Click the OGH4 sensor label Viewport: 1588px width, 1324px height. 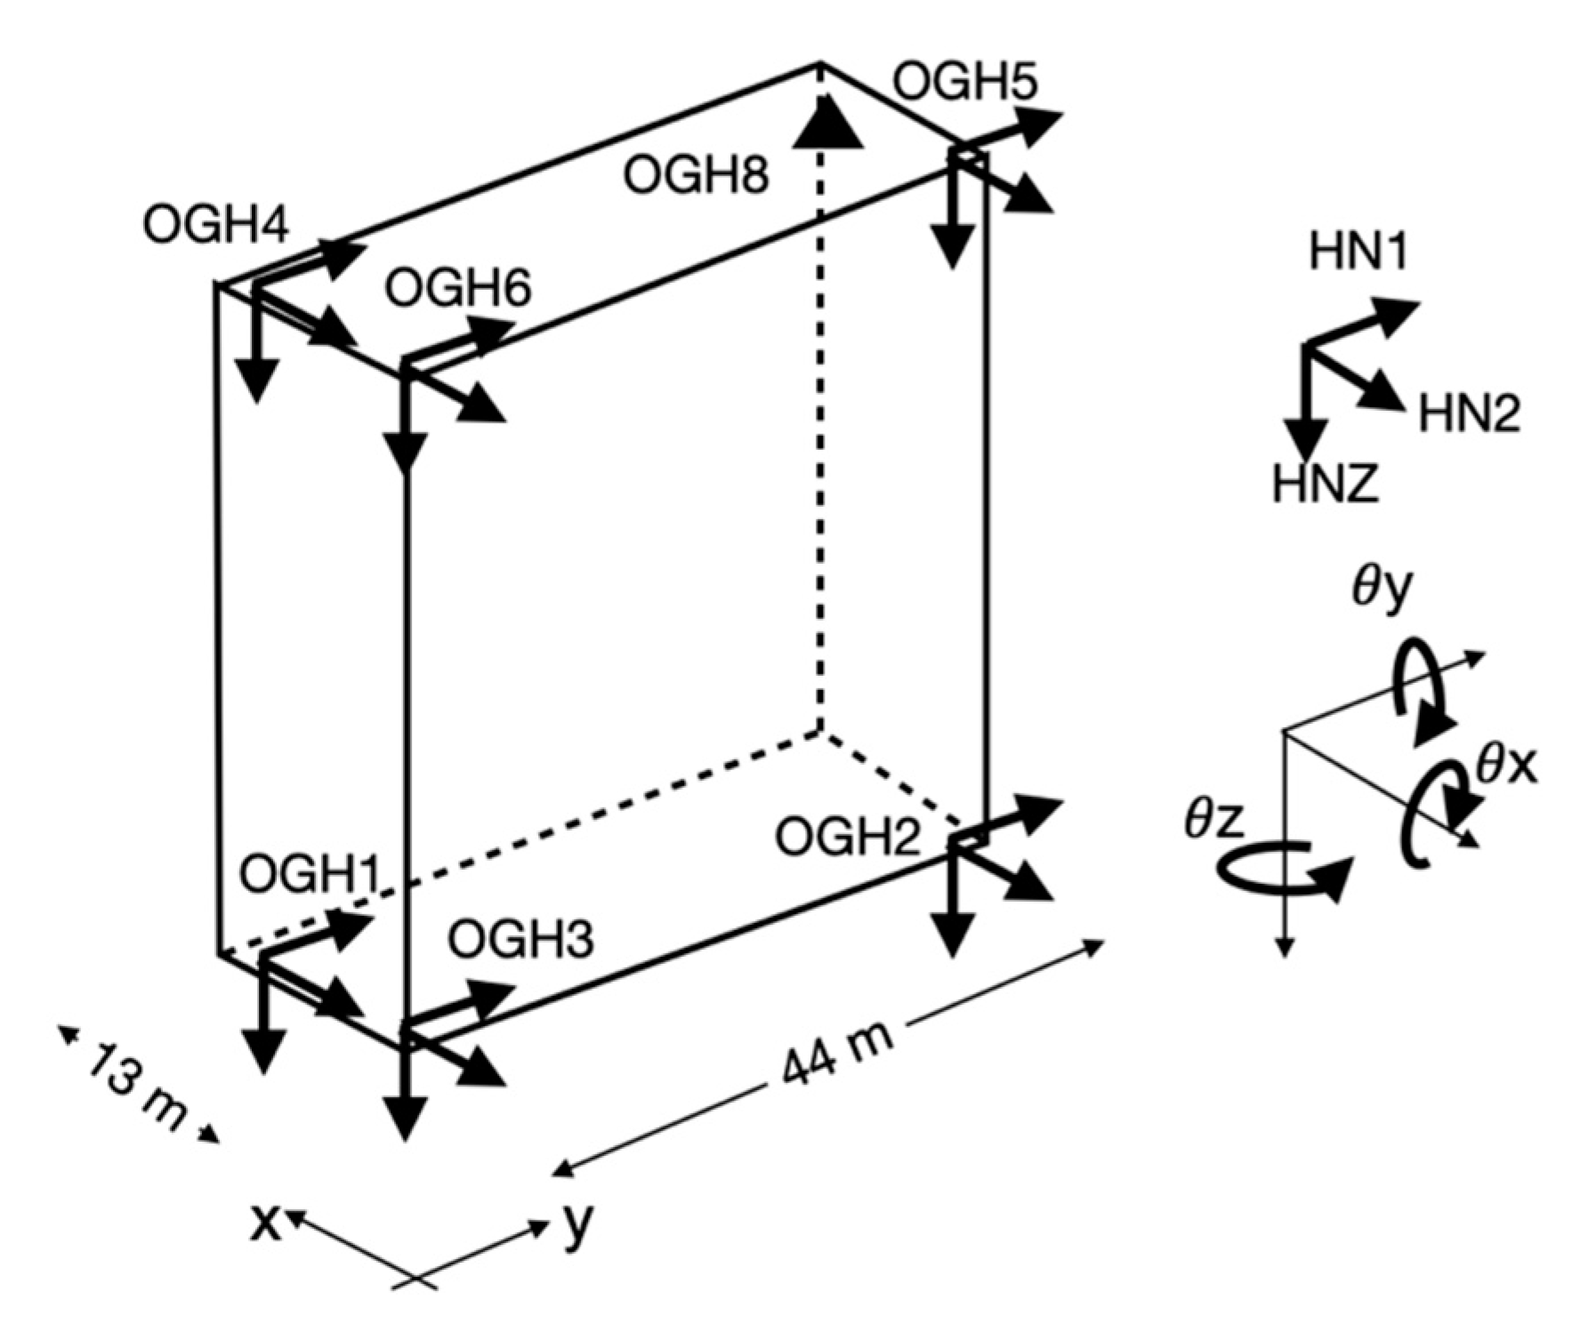tap(215, 226)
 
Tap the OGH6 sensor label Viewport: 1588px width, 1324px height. tap(458, 289)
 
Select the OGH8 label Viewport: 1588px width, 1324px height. tap(695, 174)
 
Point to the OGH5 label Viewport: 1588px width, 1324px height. tap(964, 83)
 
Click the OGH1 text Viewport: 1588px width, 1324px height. tap(309, 875)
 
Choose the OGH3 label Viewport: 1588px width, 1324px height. tap(520, 939)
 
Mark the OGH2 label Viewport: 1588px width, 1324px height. tap(847, 837)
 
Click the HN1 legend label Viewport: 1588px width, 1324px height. tap(1358, 253)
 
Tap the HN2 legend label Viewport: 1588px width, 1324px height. tap(1469, 414)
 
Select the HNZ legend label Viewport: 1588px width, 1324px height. tap(1325, 485)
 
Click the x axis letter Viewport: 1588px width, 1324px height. tap(264, 1223)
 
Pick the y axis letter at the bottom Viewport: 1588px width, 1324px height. tap(578, 1225)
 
